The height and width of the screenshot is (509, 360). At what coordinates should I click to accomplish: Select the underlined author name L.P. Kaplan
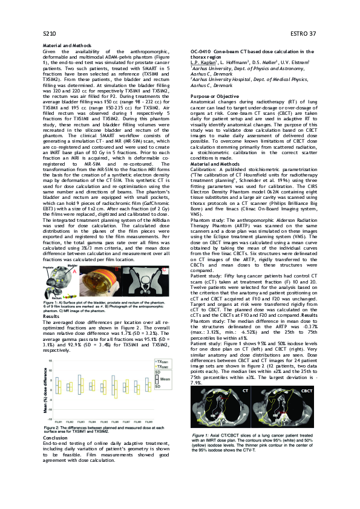[x=204, y=62]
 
